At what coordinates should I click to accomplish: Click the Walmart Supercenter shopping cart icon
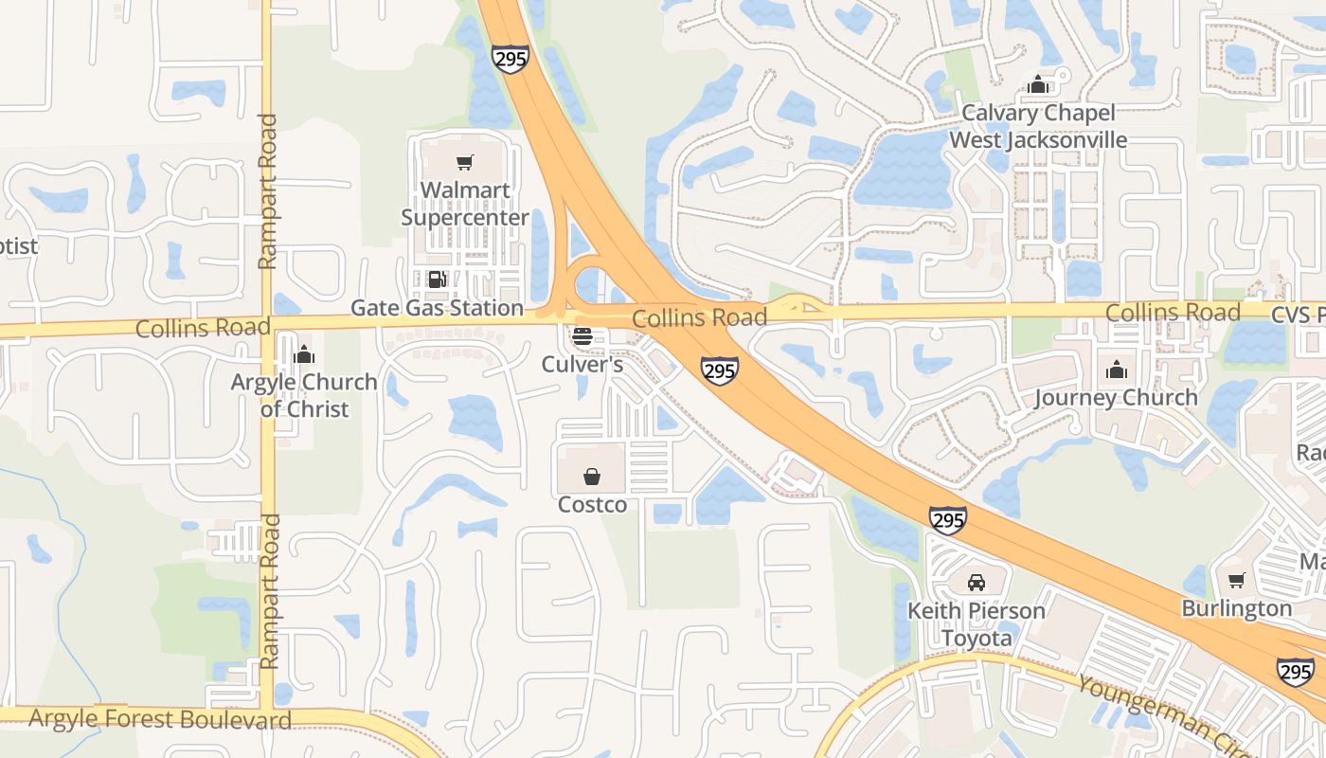(x=464, y=163)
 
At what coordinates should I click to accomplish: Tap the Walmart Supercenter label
(x=464, y=204)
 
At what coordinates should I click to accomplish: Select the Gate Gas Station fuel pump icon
(x=437, y=280)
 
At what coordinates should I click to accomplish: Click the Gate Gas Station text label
(x=437, y=308)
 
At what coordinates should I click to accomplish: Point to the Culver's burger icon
(x=582, y=335)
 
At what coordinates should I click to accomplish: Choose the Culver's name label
(x=582, y=364)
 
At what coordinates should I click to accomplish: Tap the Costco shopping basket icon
(x=592, y=476)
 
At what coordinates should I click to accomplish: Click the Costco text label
(x=592, y=505)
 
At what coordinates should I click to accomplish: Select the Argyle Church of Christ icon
(x=304, y=354)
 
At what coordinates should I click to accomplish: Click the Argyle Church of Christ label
(x=304, y=396)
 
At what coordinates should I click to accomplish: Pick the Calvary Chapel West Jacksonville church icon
(x=1038, y=84)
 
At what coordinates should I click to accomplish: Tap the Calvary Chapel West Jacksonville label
(x=1038, y=126)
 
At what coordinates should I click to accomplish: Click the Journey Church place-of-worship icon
(x=1117, y=369)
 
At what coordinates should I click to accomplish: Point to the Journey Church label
(x=1116, y=397)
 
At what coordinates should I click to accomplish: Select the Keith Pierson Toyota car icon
(x=977, y=582)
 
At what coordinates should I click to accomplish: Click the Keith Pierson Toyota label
(x=977, y=624)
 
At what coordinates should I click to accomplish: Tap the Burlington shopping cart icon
(x=1236, y=580)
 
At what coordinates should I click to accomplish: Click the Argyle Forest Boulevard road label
(x=160, y=719)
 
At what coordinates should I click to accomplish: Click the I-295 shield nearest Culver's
(x=720, y=370)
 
